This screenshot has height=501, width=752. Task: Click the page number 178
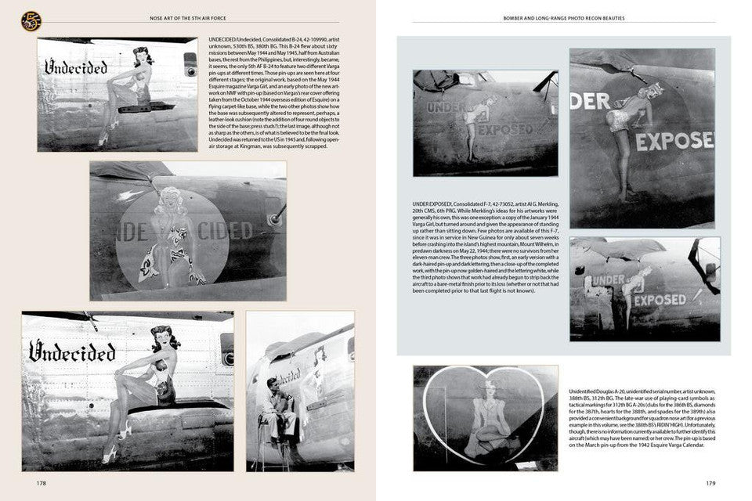tap(41, 483)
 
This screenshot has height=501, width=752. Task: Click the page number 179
tap(710, 483)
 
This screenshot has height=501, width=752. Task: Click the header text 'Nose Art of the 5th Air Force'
tap(187, 17)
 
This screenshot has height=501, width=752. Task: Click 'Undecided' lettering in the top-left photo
tap(75, 67)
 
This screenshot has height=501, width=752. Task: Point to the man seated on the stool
tap(277, 407)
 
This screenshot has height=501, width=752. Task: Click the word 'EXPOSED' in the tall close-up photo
tap(674, 142)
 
